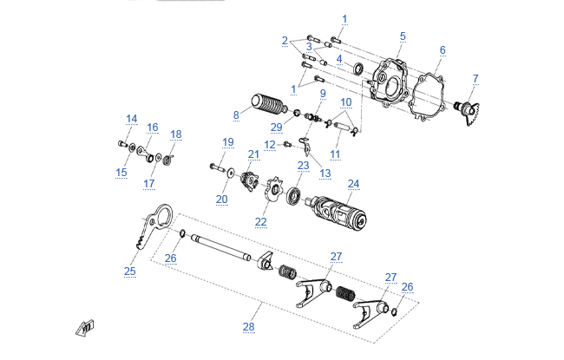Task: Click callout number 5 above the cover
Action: point(403,36)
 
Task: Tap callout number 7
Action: point(475,79)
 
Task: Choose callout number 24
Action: point(353,184)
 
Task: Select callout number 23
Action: point(303,165)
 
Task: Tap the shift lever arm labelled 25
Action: point(148,226)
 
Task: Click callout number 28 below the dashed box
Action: point(249,327)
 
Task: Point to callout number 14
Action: point(131,119)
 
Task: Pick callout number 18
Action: point(176,134)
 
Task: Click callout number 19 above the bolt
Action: point(227,141)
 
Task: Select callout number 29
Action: point(276,127)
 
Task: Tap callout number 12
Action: point(270,144)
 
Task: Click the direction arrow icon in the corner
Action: point(84,326)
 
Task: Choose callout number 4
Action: point(339,59)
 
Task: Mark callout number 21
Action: point(253,154)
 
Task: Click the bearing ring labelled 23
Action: point(295,195)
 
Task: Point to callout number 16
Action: point(153,128)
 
